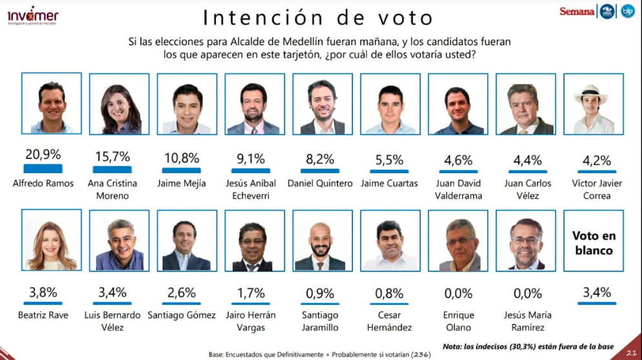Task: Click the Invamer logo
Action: [32, 15]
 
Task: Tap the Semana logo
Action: [577, 12]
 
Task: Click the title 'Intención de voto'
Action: [317, 17]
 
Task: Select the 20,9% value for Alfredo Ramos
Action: [43, 154]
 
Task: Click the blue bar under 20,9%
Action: [43, 169]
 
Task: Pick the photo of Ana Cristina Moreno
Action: [119, 103]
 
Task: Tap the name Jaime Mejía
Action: [182, 184]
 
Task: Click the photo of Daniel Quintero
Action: [322, 103]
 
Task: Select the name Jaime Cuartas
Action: [390, 184]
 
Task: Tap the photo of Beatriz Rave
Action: [52, 240]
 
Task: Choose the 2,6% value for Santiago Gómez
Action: [182, 293]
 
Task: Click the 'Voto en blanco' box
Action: [594, 240]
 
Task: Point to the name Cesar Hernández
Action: [389, 321]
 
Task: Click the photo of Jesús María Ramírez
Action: [526, 240]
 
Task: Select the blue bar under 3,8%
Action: [43, 302]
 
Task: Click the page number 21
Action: [630, 352]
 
